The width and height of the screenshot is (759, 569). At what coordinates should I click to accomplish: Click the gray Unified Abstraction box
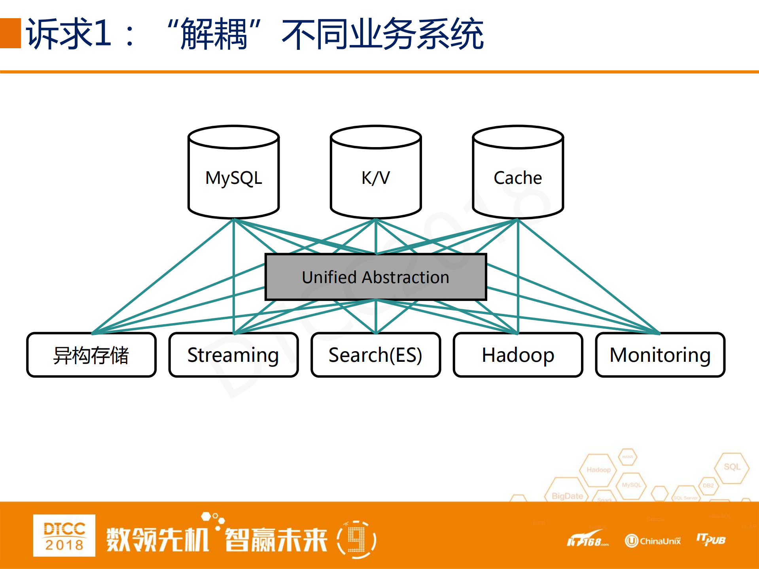[376, 277]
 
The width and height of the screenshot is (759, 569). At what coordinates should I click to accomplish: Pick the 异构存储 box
[91, 355]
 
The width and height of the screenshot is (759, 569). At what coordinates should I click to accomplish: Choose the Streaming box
[233, 355]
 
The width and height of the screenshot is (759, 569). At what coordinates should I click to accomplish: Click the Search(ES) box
[376, 355]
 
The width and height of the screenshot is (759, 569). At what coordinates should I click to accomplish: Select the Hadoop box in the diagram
[518, 355]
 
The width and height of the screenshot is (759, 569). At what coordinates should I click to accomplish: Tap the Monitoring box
[660, 355]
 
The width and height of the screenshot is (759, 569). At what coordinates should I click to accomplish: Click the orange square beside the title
[10, 33]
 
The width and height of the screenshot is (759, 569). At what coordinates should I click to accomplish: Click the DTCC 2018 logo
[64, 535]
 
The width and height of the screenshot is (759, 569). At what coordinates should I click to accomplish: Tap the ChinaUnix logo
[653, 541]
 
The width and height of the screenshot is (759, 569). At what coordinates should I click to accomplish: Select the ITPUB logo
[711, 539]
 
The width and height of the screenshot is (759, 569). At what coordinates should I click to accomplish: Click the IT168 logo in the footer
[587, 540]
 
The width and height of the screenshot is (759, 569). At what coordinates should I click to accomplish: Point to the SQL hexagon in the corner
[732, 467]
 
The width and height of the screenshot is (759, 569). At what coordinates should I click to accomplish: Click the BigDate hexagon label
[567, 496]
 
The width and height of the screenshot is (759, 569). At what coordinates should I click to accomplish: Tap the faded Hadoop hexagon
[598, 470]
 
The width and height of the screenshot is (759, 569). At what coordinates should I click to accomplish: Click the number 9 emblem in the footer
[356, 540]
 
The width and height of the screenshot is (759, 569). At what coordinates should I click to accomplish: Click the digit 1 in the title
[102, 33]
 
